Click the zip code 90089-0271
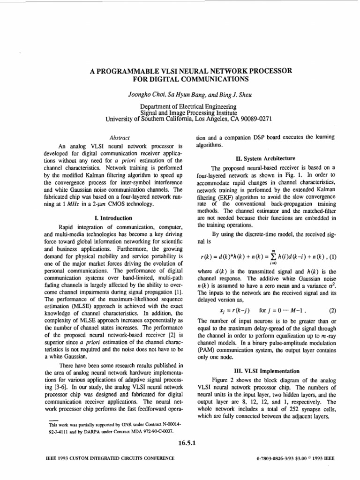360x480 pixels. pos(257,119)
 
